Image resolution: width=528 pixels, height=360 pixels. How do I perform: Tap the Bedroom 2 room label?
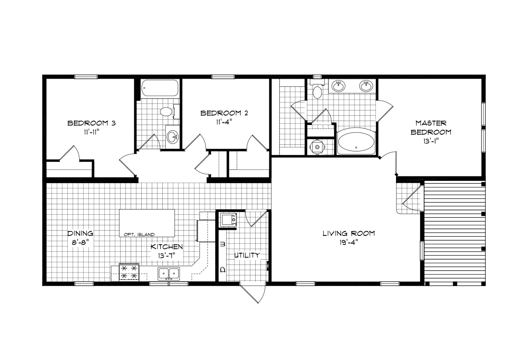[224, 113]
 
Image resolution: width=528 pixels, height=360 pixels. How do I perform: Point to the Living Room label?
[348, 233]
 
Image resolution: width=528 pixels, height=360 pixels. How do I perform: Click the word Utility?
[246, 255]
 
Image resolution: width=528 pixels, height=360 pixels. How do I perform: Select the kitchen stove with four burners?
[129, 272]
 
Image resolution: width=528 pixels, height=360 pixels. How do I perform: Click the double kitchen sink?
[169, 273]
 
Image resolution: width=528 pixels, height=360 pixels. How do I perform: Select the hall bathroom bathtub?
[159, 89]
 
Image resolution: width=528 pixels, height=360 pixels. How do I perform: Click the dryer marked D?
[222, 268]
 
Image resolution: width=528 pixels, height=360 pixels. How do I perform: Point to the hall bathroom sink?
[172, 136]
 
